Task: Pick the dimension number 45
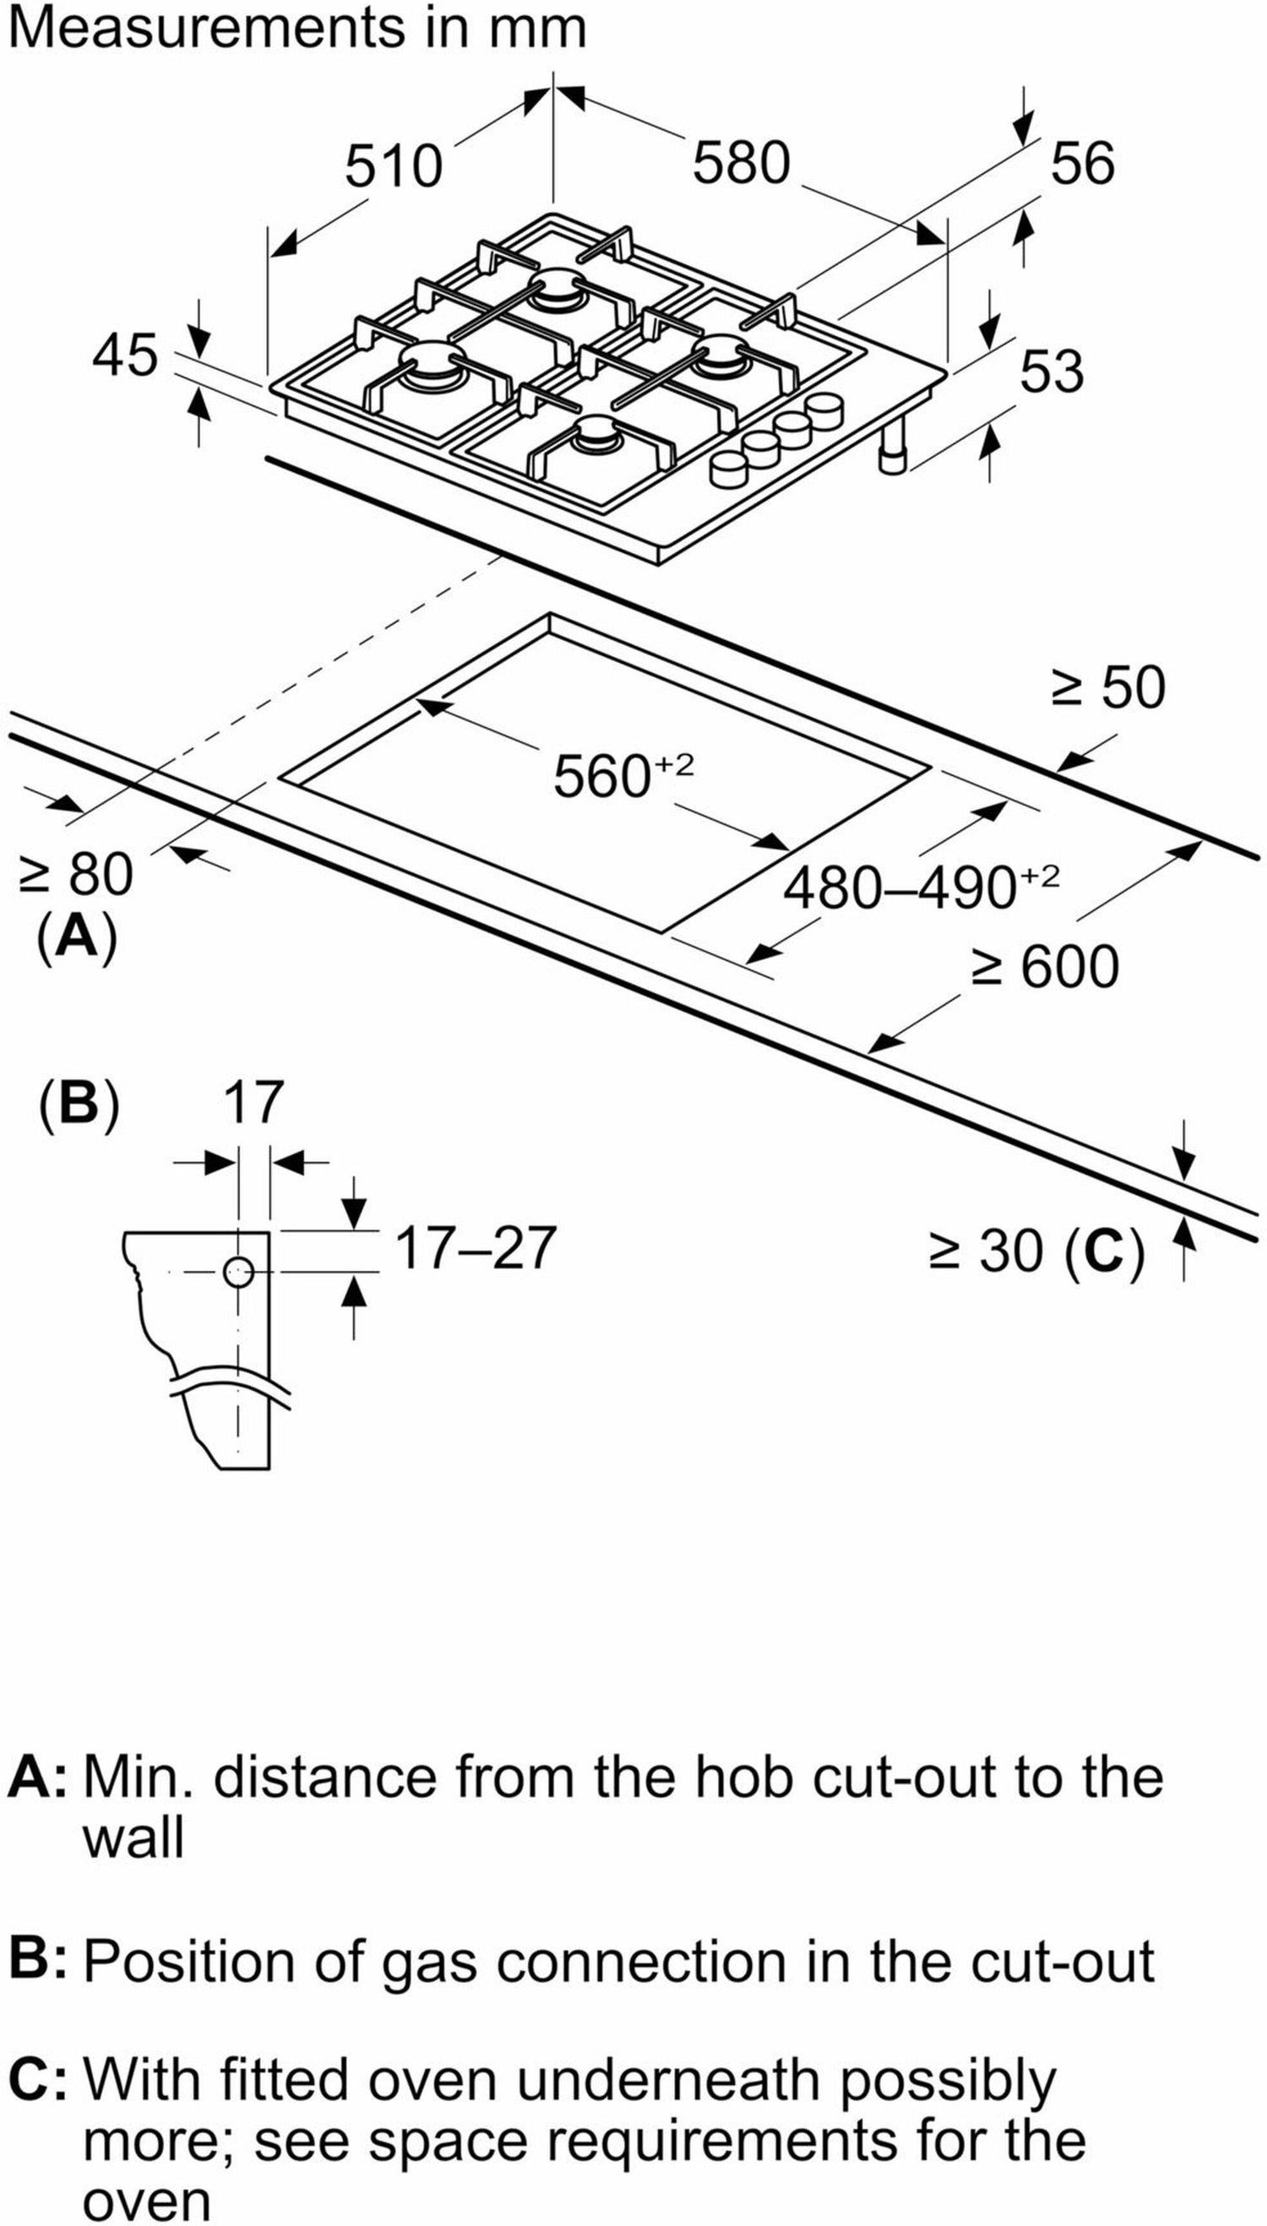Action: click(126, 355)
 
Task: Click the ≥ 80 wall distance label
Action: click(76, 873)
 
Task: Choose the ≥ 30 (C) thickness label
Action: click(1036, 1251)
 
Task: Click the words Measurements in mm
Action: click(296, 28)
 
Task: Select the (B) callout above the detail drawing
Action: click(79, 1102)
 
